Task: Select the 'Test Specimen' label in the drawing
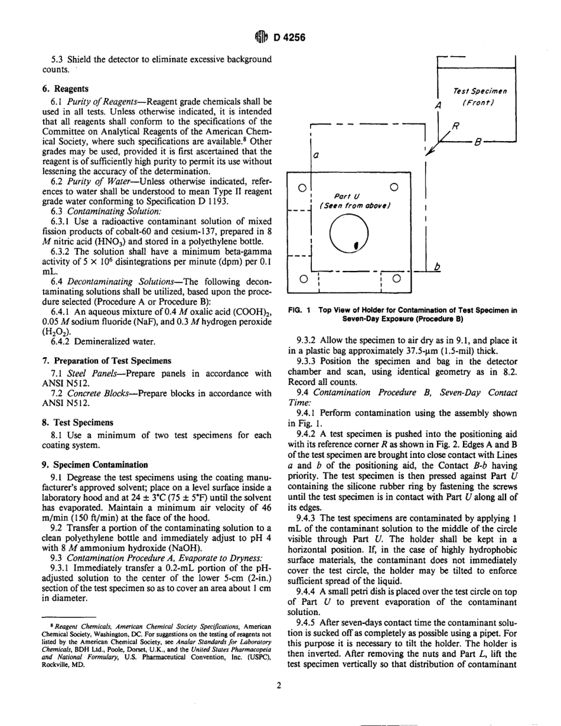click(480, 91)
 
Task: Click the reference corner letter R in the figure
click(455, 126)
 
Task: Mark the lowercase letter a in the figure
click(316, 156)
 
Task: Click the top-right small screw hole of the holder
click(395, 187)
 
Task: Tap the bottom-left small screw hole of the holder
click(302, 277)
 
